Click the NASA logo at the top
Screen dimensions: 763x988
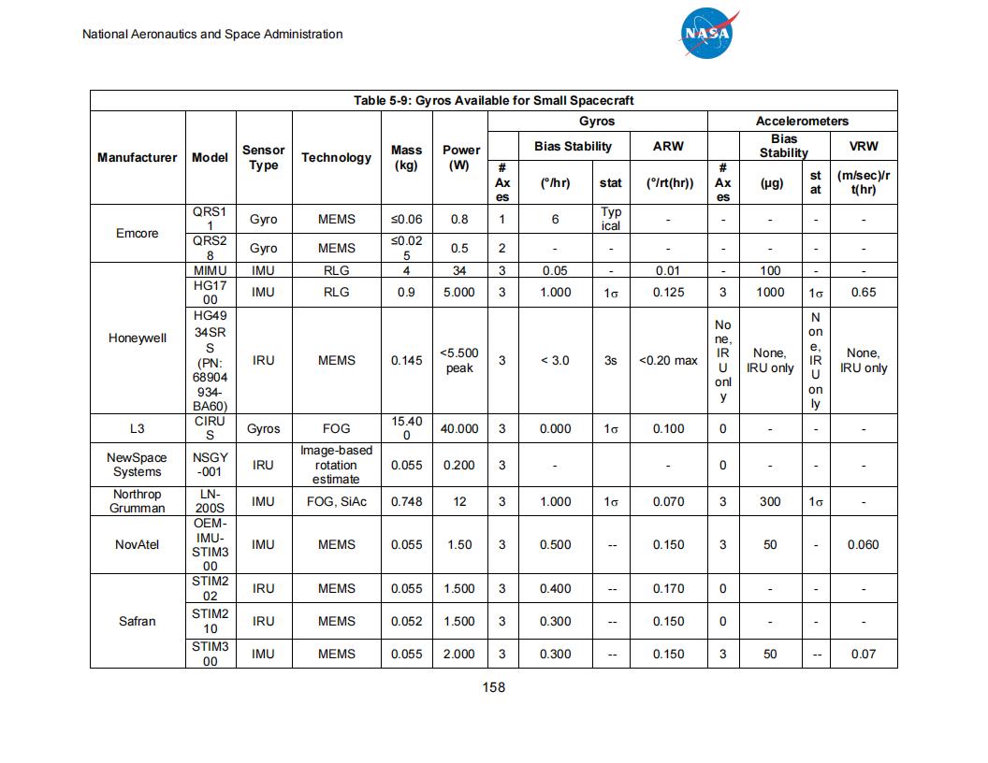(708, 35)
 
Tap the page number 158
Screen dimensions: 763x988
(493, 687)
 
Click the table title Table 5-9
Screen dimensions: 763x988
(493, 101)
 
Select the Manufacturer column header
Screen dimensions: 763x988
(137, 157)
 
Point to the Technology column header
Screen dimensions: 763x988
(336, 157)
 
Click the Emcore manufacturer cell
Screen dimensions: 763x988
(137, 233)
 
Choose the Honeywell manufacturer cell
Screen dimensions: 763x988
(137, 338)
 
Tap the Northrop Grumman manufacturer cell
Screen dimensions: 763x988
(137, 501)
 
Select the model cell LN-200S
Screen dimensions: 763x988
(210, 501)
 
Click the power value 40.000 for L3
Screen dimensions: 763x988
(459, 428)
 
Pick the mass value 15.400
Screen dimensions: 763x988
(406, 428)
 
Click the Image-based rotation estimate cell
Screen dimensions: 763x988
(336, 465)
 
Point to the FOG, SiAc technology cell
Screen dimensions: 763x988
(336, 501)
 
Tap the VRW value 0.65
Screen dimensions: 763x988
(863, 293)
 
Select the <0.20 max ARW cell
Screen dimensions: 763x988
(668, 360)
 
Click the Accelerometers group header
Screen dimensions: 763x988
(802, 122)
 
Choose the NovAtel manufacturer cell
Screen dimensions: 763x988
(137, 544)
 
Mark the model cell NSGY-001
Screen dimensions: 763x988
(210, 465)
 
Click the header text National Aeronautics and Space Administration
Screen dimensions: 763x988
(212, 35)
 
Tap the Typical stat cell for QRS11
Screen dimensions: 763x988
(610, 219)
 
